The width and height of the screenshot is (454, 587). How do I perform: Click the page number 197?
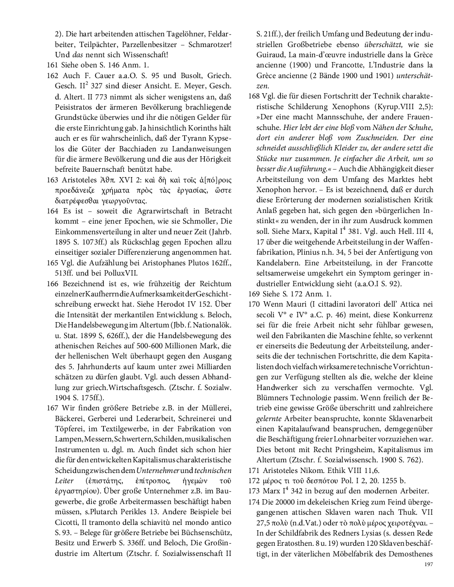428,564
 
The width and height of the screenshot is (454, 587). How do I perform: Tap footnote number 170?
254,305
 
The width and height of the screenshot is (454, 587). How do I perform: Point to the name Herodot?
163,305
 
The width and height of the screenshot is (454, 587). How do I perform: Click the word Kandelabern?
279,262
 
